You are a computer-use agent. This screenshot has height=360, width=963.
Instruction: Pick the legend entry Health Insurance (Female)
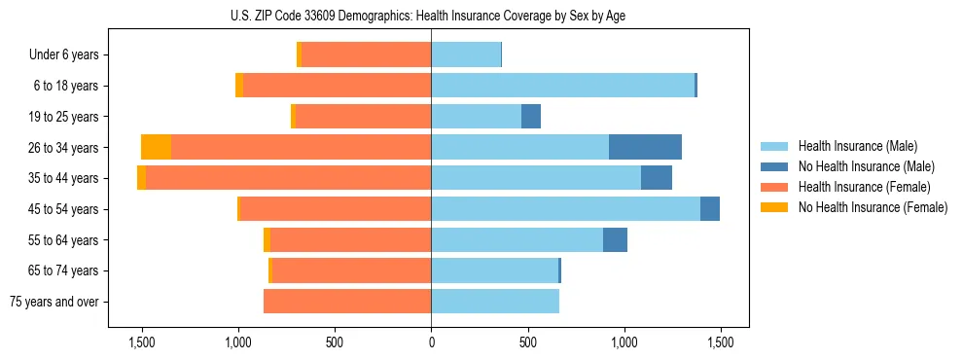(857, 187)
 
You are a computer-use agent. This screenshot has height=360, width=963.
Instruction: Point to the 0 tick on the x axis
(431, 342)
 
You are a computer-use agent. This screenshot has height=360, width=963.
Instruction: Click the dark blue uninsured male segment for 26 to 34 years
(645, 147)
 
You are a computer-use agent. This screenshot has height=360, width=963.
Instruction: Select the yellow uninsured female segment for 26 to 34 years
(156, 147)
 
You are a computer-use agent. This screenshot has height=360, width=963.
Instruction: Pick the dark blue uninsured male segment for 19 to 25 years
(530, 117)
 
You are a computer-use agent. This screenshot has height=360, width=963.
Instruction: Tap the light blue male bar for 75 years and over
(495, 302)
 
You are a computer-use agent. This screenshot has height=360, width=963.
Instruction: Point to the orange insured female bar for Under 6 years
(366, 55)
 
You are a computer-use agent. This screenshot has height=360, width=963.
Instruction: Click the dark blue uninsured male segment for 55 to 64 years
(615, 239)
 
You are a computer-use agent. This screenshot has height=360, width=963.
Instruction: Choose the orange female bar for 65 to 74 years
(351, 270)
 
